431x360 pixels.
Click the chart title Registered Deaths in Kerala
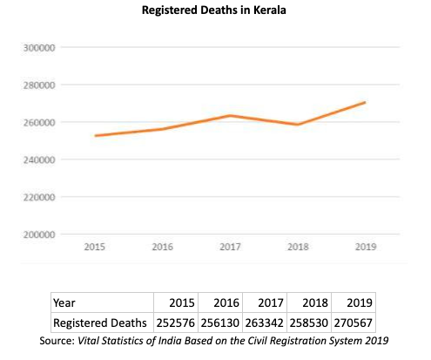point(215,12)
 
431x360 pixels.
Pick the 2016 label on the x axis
point(162,248)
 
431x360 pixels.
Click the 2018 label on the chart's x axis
point(297,248)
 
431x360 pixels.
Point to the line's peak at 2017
point(230,116)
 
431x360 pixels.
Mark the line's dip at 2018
point(298,125)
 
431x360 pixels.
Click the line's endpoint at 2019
point(365,102)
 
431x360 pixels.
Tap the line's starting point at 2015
point(95,135)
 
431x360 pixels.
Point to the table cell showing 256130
point(220,322)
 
